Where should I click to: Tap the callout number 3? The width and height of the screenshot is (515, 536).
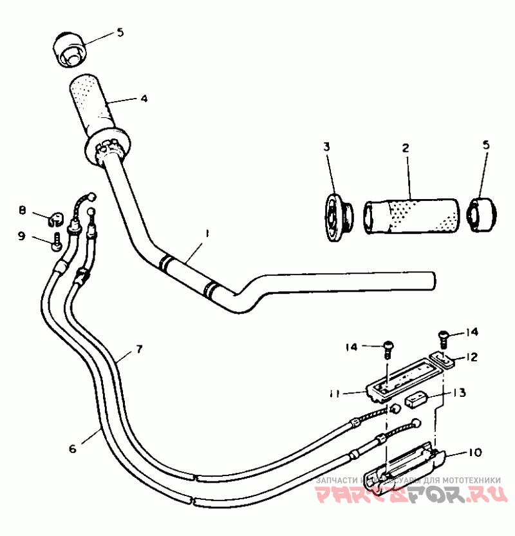click(x=326, y=148)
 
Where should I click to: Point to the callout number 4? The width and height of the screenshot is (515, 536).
click(x=144, y=99)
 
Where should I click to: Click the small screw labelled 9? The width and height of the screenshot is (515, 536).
click(x=57, y=244)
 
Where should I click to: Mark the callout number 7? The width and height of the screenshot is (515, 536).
click(x=138, y=349)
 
